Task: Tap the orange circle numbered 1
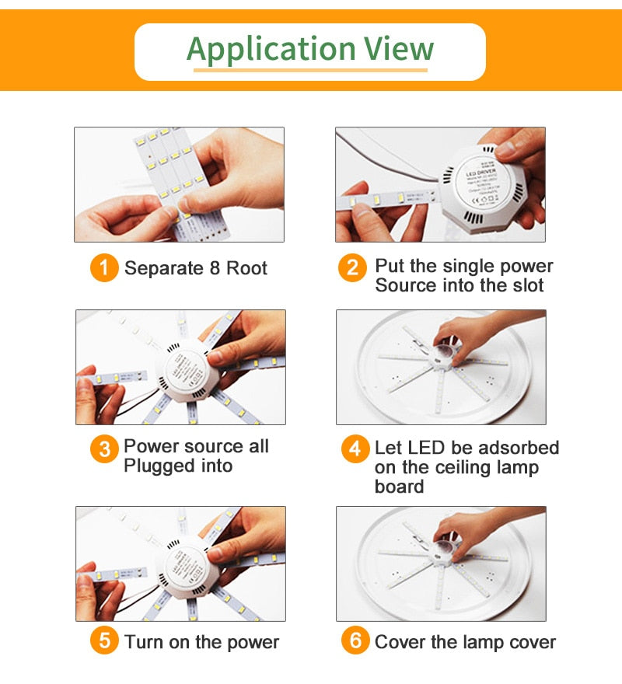click(x=104, y=269)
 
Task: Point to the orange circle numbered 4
click(x=355, y=450)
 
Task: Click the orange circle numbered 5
click(x=104, y=642)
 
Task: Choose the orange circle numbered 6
click(x=355, y=642)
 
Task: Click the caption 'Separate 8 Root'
click(x=196, y=269)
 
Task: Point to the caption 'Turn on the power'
click(x=201, y=643)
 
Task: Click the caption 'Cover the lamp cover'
click(x=465, y=643)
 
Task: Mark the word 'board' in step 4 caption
click(x=399, y=487)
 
